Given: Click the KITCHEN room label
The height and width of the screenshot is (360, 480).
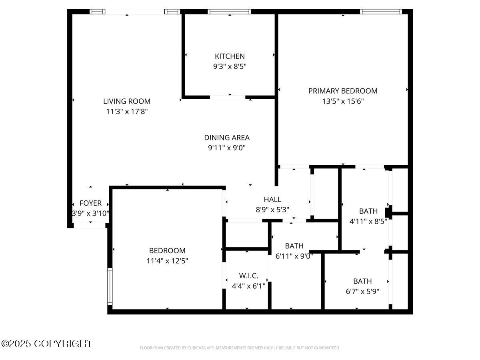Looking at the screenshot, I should (230, 56).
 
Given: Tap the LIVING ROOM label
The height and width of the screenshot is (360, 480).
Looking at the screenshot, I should (127, 102).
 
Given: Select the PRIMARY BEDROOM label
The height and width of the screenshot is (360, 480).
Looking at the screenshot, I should (343, 91).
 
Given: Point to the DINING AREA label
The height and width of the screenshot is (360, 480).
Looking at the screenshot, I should (227, 138).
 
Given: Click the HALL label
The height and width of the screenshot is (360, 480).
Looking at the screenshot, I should (272, 199).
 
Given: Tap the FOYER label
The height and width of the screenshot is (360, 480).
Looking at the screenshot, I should (90, 203).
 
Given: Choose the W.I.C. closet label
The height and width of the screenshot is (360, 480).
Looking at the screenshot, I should (248, 276).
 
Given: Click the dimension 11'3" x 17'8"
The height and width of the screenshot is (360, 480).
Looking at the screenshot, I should (127, 112).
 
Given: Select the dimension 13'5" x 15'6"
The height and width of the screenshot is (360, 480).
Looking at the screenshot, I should (343, 102).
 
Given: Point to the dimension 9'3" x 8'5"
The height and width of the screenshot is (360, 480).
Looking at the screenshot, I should (230, 67).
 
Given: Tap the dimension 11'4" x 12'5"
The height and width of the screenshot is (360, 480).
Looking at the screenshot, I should (167, 261).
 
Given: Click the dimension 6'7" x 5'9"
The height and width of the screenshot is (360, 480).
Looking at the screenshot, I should (362, 292).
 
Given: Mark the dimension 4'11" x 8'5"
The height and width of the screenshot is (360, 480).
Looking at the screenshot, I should (368, 222).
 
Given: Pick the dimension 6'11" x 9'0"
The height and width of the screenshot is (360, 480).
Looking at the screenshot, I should (294, 256).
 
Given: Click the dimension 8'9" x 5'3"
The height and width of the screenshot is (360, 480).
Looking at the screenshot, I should (272, 209).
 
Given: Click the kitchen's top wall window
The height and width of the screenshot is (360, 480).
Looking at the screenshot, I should (229, 12).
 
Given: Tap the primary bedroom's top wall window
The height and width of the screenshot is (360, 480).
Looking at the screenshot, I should (381, 12).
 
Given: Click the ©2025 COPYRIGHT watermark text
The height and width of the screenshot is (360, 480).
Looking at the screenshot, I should (46, 344).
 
